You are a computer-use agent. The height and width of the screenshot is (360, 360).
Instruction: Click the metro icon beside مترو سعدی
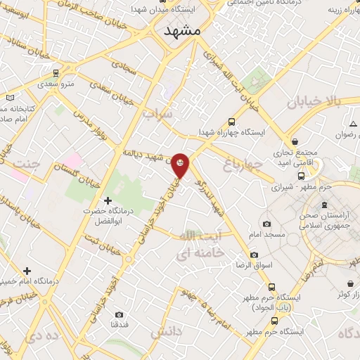56,72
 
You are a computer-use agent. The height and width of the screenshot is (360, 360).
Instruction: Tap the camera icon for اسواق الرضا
254,254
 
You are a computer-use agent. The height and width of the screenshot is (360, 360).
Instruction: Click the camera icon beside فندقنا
118,314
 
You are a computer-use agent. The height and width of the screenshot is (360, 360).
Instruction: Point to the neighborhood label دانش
166,330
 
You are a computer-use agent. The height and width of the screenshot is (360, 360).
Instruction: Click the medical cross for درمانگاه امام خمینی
27,271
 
